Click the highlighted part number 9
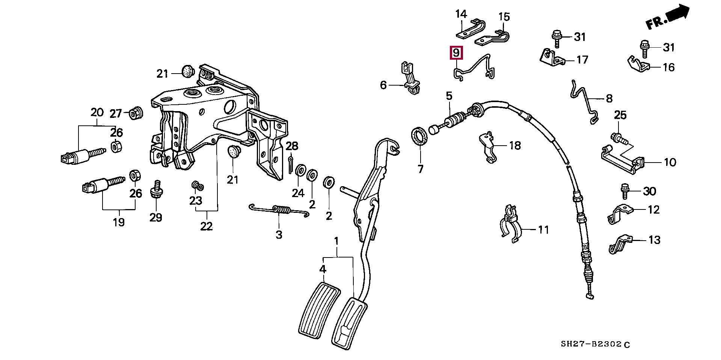point(456,53)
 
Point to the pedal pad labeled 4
point(319,312)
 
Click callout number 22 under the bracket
point(206,226)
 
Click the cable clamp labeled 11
point(511,223)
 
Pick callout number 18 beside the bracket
point(515,145)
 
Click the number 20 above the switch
point(97,112)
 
